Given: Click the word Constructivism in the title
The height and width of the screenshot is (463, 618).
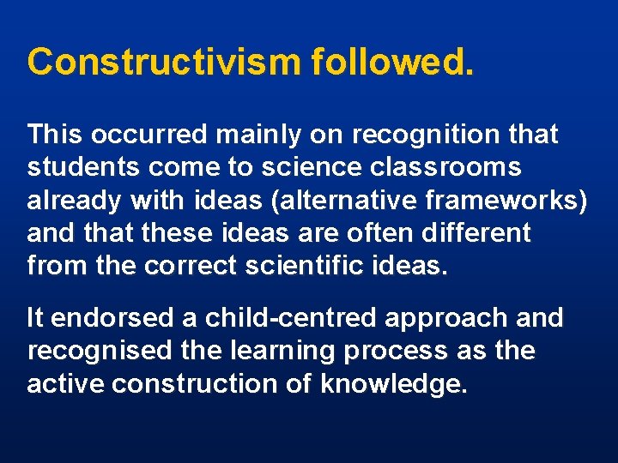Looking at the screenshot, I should pyautogui.click(x=164, y=62).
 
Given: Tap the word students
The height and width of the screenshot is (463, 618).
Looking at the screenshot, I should pyautogui.click(x=77, y=167).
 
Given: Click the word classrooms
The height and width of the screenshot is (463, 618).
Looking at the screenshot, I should pyautogui.click(x=447, y=168).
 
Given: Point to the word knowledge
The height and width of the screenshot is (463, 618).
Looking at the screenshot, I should pyautogui.click(x=394, y=385).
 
